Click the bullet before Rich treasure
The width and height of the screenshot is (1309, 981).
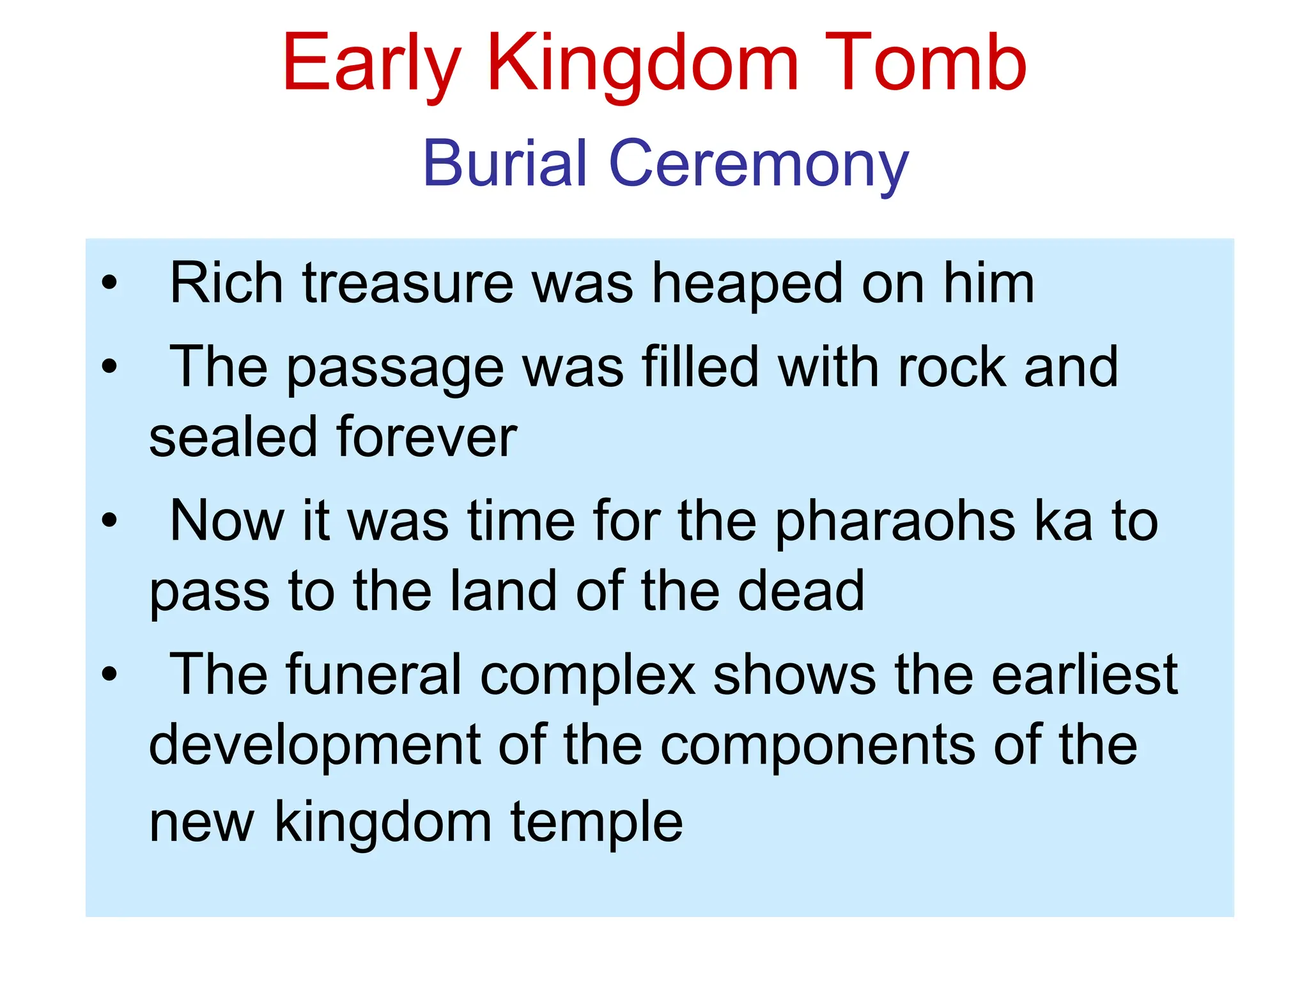110,283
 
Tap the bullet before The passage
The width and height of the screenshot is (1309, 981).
110,366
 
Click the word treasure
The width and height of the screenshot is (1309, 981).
408,283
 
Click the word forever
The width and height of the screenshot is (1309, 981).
427,437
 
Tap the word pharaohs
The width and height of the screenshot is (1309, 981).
895,521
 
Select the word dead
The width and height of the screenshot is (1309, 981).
801,591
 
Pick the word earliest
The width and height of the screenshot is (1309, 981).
1085,674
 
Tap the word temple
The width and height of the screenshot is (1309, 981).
596,823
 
